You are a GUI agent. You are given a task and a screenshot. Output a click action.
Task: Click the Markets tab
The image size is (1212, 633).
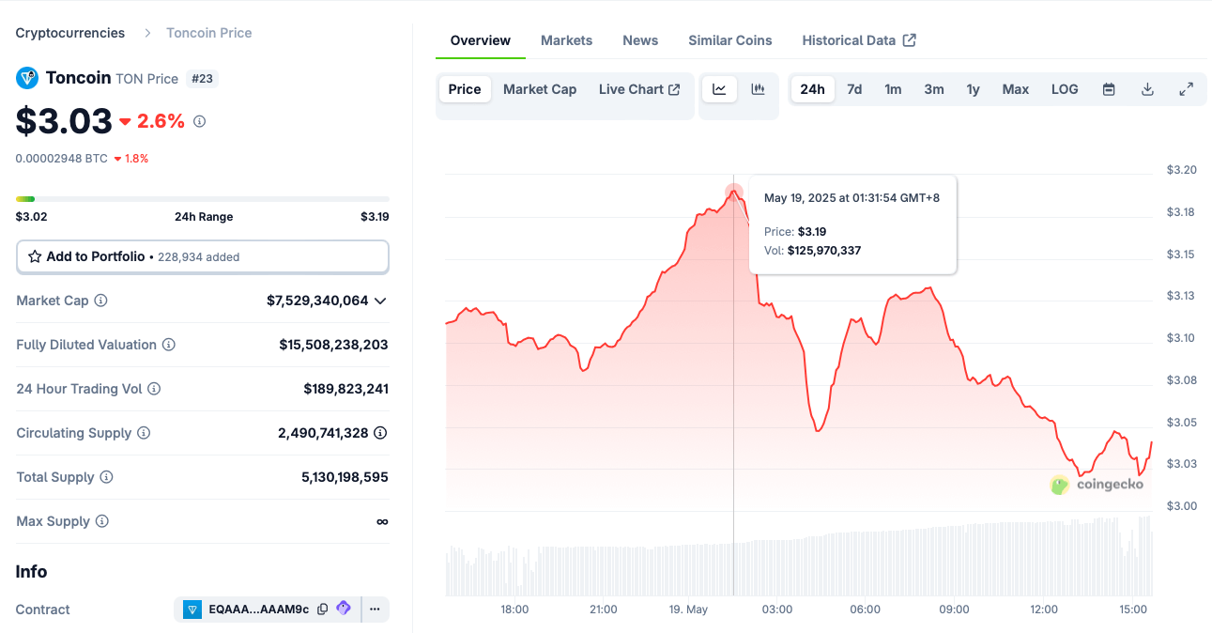[566, 40]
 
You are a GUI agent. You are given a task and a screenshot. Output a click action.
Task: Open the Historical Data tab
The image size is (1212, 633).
[858, 40]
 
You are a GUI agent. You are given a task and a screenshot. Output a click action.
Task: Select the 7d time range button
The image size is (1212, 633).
[854, 89]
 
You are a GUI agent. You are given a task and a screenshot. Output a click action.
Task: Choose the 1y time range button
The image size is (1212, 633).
[973, 89]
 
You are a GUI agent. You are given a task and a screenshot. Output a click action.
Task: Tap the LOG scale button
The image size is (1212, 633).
[1065, 89]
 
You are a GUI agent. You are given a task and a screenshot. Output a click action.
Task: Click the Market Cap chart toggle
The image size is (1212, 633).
[540, 89]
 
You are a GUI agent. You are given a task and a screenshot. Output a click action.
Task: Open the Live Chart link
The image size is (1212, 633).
[638, 89]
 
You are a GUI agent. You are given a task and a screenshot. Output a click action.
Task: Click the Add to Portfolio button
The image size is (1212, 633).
[202, 256]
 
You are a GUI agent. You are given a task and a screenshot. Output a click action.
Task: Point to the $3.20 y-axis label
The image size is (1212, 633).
[1181, 170]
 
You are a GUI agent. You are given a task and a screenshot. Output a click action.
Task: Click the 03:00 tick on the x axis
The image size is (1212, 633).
[776, 610]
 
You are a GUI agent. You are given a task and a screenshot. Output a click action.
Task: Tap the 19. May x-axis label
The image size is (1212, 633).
[688, 610]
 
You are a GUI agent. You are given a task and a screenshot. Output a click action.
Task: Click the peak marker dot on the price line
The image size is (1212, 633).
[733, 193]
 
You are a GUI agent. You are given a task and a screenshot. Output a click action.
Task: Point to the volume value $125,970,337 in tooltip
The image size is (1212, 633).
[823, 251]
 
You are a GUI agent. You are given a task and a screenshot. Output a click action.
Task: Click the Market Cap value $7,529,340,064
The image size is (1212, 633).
[317, 301]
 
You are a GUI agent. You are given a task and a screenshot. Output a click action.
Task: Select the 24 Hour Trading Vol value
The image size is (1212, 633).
[345, 389]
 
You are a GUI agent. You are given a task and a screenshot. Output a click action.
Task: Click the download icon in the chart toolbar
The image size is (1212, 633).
[1147, 89]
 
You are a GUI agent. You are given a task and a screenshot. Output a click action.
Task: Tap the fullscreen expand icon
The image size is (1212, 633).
[1186, 89]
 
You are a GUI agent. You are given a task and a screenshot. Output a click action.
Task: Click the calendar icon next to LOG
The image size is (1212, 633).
[1109, 89]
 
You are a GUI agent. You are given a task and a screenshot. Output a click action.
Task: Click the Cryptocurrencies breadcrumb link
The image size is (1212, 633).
[70, 33]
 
